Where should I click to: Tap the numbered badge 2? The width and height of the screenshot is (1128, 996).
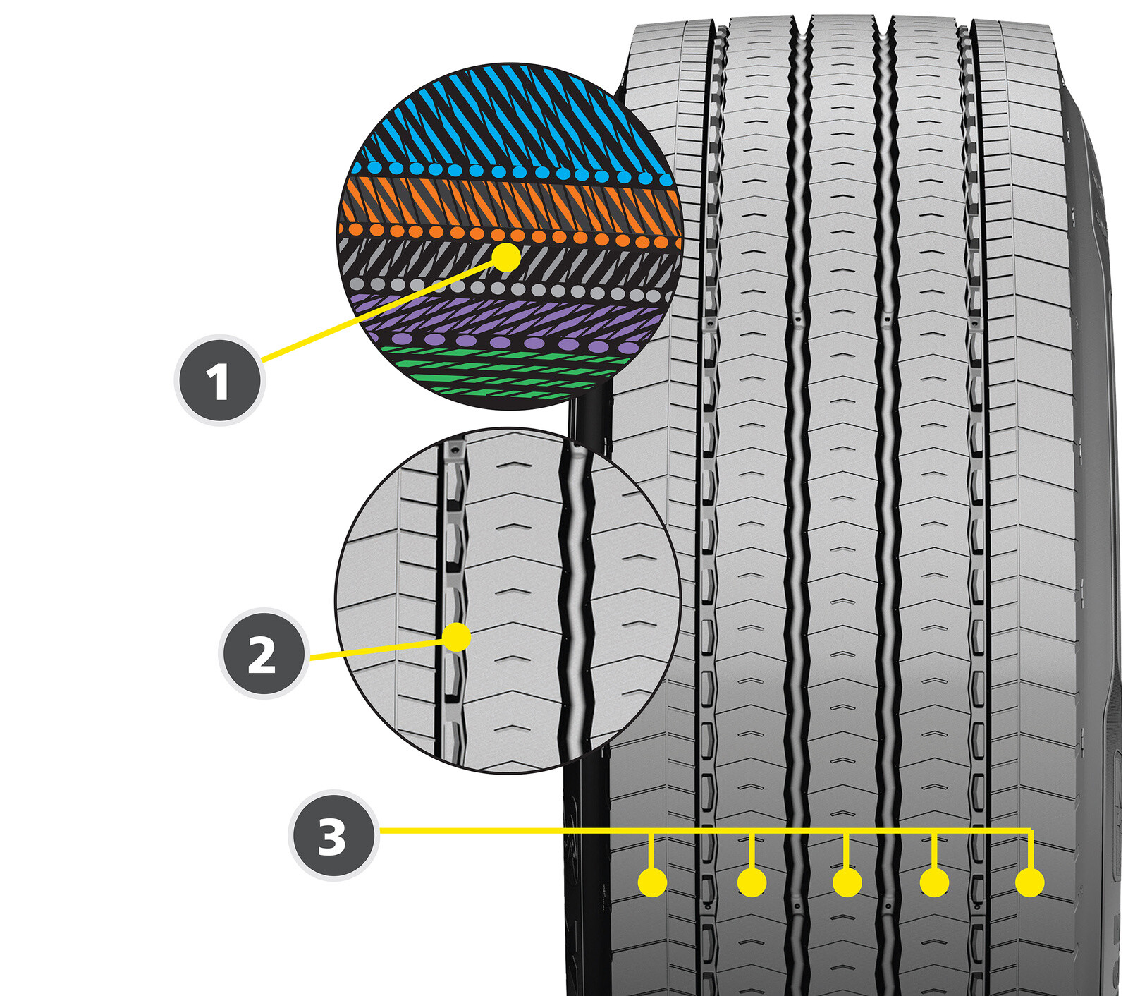pos(263,653)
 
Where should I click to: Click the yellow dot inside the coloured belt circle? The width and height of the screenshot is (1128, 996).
pos(506,257)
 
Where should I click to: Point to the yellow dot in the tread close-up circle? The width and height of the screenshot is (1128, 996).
pos(457,637)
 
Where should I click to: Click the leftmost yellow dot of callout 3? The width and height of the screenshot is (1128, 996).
pos(652,882)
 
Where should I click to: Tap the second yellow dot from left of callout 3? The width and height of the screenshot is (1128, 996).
pos(752,882)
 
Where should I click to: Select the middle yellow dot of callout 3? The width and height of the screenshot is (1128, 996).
pos(847,882)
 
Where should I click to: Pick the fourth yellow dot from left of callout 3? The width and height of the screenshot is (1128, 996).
pos(934,882)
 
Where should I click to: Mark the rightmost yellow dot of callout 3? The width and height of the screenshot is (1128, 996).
pos(1030,882)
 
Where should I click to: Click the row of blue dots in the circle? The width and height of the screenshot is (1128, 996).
pos(508,171)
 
